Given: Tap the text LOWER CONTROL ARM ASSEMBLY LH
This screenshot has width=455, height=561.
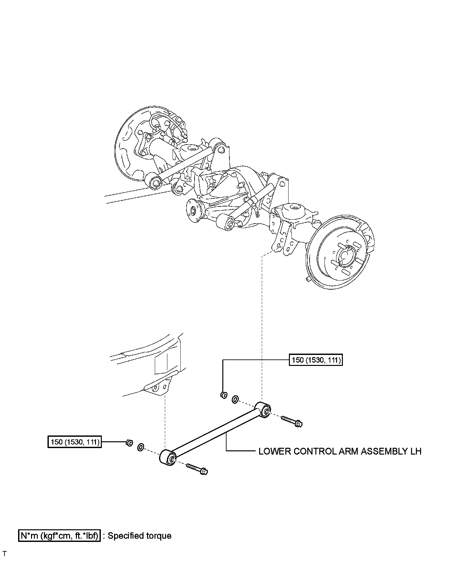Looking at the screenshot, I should pos(340,451).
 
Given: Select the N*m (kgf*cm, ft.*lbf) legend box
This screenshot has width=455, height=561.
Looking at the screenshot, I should pos(59,536).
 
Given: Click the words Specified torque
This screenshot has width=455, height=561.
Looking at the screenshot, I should pos(140,536).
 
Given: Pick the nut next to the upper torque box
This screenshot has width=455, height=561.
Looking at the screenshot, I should pos(223,395).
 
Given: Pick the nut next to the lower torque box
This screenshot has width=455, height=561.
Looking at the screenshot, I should pos(129,442).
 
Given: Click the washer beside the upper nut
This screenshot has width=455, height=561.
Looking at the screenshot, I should pos(235,400).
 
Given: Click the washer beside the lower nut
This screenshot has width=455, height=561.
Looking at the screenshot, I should pos(141,447).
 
